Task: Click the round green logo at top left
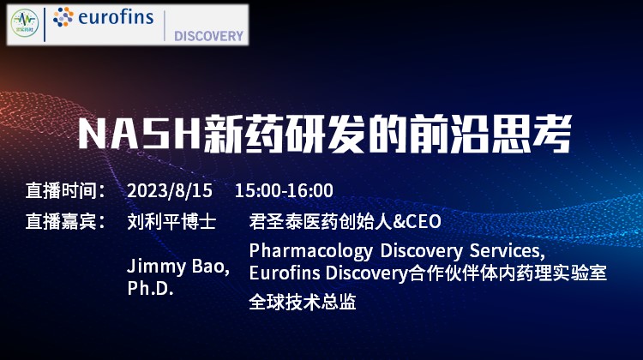click(25, 23)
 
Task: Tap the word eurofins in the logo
click(116, 17)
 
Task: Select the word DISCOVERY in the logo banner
click(208, 36)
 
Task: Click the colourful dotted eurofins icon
click(63, 17)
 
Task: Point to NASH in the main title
click(140, 134)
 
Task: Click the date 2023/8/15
click(170, 190)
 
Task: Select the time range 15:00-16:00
click(284, 190)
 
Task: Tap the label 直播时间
click(61, 190)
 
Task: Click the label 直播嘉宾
click(61, 221)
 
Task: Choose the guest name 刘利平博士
click(171, 221)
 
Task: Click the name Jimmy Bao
click(177, 267)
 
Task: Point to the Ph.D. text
click(151, 288)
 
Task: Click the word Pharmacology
click(311, 251)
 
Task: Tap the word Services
click(508, 251)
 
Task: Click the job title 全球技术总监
click(303, 302)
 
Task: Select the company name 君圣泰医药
click(293, 221)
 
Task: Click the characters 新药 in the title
click(243, 134)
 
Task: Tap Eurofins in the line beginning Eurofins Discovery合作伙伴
click(285, 273)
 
